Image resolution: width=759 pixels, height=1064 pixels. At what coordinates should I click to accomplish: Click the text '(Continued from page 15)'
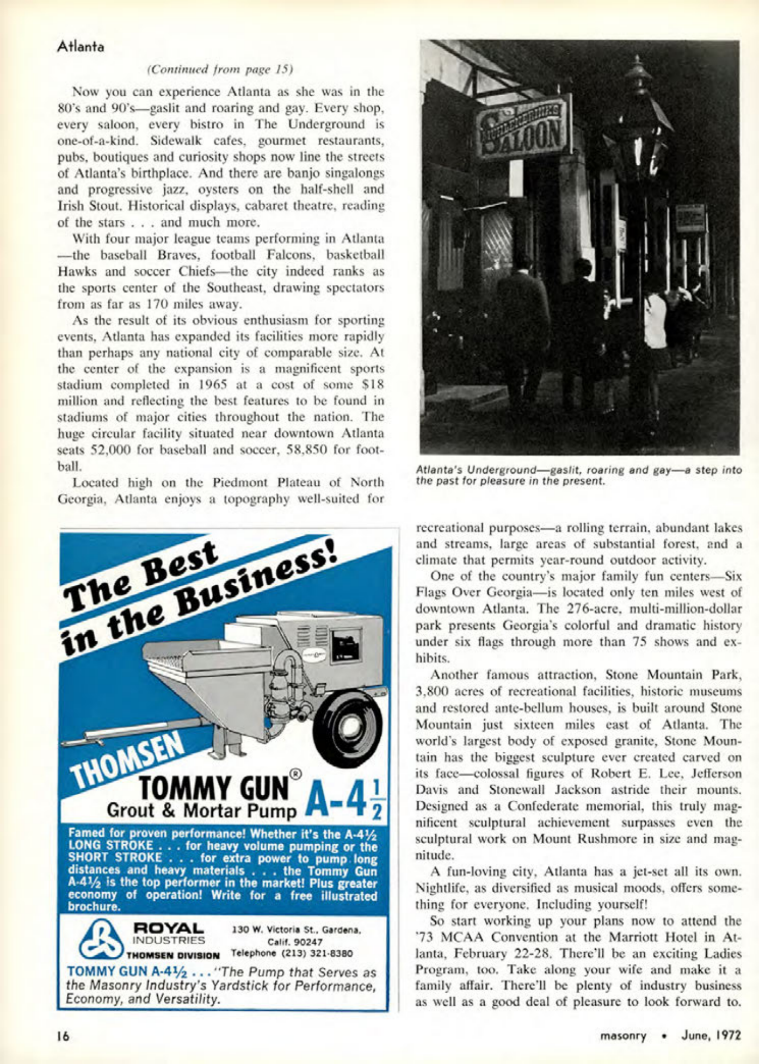[x=220, y=70]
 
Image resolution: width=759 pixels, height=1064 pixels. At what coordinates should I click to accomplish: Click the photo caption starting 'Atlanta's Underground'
[x=578, y=475]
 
